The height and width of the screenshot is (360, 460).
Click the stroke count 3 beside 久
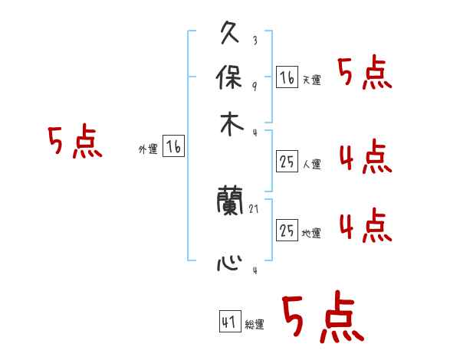(254, 41)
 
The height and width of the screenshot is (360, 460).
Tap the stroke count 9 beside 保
(254, 86)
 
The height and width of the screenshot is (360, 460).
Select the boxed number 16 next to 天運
(287, 77)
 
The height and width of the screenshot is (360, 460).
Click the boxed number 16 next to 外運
(174, 147)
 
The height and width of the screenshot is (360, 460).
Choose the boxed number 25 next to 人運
(287, 161)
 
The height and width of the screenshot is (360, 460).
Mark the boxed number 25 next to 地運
(287, 231)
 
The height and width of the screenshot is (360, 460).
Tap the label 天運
(311, 80)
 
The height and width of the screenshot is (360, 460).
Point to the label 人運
(311, 164)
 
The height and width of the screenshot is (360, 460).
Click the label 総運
(255, 325)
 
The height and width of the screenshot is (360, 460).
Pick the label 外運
(148, 150)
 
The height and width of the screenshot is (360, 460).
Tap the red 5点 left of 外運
(74, 143)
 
